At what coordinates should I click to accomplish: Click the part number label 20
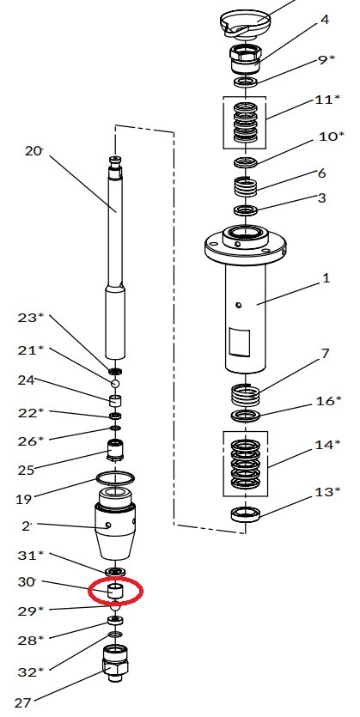33,150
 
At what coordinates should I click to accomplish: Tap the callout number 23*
31,317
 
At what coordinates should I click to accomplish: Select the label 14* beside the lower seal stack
327,444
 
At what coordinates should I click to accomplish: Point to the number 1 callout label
326,277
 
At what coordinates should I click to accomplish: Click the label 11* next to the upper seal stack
327,100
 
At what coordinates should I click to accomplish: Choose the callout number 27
24,702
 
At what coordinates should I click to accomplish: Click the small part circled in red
115,590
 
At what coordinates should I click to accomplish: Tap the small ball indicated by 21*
115,383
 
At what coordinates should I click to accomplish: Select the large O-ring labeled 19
115,479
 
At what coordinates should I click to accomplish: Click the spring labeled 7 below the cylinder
245,395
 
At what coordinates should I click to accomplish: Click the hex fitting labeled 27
115,663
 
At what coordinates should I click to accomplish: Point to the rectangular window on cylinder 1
240,342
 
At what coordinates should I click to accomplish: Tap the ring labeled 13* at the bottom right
246,514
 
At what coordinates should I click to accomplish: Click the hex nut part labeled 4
246,58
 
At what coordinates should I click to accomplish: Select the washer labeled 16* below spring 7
246,416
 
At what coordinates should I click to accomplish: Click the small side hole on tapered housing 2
107,526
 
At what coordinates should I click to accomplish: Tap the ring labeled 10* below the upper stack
246,162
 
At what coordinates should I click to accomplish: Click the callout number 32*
31,671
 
